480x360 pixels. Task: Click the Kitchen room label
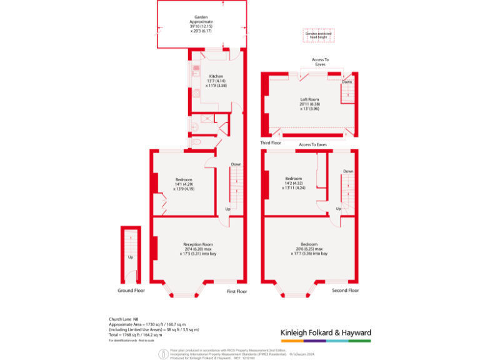(216, 76)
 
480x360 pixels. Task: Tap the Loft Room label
(309, 99)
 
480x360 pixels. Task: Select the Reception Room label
(198, 244)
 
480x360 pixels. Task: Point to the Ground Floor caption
(131, 291)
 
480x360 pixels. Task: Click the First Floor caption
(237, 291)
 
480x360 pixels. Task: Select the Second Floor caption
(345, 291)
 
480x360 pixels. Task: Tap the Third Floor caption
(271, 143)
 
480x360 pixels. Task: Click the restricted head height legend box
(319, 36)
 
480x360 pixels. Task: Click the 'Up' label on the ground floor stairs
(131, 257)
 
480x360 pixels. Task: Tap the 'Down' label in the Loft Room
(346, 82)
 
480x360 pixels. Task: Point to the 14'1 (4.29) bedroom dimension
(184, 184)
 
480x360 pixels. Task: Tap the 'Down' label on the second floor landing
(348, 171)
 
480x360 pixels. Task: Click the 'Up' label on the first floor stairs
(227, 209)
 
